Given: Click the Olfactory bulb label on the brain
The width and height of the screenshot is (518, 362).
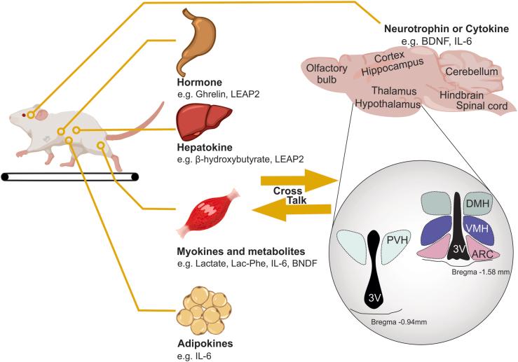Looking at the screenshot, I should (325, 74).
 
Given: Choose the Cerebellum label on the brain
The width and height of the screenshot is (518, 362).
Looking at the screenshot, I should (474, 72).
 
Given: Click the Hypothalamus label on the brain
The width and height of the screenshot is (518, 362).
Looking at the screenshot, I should (387, 104).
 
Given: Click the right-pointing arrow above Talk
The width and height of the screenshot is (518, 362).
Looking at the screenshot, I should (294, 180).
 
